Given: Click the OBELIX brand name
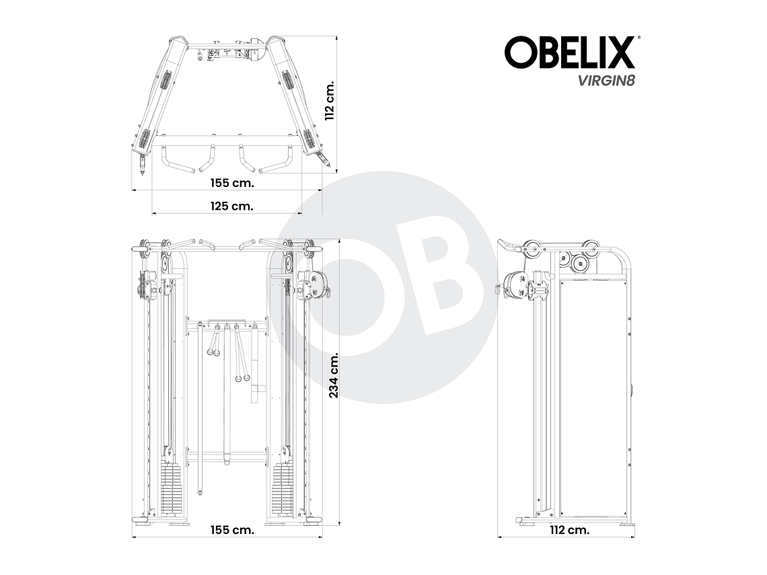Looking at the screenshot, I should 570,52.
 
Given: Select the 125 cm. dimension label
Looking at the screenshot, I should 233,206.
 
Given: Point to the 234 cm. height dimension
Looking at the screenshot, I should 333,376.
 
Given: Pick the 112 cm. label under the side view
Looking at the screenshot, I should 569,529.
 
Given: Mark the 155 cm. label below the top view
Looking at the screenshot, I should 233,183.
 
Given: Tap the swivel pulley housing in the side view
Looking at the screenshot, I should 517,283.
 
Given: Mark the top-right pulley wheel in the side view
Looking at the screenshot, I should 592,247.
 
